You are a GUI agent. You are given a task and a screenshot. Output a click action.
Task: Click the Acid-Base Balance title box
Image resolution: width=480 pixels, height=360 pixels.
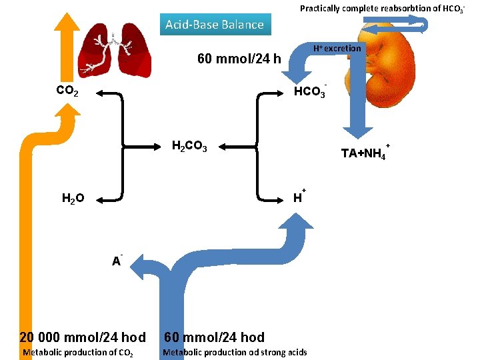point(215,25)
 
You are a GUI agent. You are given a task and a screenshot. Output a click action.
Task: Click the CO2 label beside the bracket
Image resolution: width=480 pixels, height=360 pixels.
point(67,91)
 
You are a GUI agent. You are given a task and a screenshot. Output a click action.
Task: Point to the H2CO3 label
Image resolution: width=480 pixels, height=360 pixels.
point(189,146)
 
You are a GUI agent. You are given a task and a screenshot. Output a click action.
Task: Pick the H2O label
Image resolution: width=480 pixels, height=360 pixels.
point(73,198)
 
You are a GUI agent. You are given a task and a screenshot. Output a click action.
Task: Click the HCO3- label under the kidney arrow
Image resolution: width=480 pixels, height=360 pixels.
point(311,91)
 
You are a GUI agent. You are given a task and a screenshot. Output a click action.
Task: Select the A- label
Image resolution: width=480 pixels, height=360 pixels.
point(117,261)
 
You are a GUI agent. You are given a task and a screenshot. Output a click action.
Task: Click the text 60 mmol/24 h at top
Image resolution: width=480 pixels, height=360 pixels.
point(239,59)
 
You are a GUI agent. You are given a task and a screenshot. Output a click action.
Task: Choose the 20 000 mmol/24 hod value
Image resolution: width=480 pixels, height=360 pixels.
point(83,337)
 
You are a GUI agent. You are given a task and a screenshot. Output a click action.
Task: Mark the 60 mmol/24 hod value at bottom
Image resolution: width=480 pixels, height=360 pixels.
point(214,337)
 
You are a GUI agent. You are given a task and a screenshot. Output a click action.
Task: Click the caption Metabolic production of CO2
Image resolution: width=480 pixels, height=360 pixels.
point(78,352)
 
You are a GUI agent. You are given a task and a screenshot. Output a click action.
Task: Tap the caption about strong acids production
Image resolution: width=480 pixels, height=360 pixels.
point(235,352)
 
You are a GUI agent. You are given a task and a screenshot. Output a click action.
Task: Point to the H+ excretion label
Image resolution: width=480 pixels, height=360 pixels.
point(337,49)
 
